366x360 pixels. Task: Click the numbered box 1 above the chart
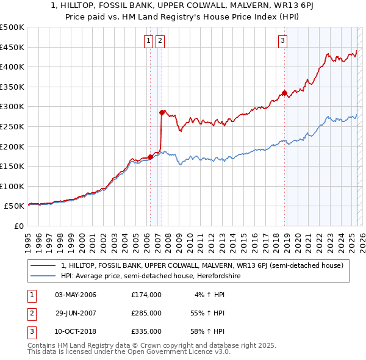pos(149,41)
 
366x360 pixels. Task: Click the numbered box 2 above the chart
pos(160,41)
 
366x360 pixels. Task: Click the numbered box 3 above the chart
pos(283,41)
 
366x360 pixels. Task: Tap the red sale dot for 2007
pos(162,112)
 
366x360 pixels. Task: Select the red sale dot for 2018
pos(284,93)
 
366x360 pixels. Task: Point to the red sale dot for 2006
pos(150,157)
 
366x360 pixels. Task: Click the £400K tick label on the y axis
pos(12,67)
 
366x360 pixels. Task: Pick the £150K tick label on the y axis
pos(12,166)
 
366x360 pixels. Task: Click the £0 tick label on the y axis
pos(18,226)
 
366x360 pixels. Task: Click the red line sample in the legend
pos(44,265)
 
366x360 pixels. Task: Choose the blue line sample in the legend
pos(44,276)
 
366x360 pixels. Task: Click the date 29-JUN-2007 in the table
pos(76,313)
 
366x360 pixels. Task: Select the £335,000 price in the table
pos(146,331)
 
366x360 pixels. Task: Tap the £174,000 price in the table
pos(146,295)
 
